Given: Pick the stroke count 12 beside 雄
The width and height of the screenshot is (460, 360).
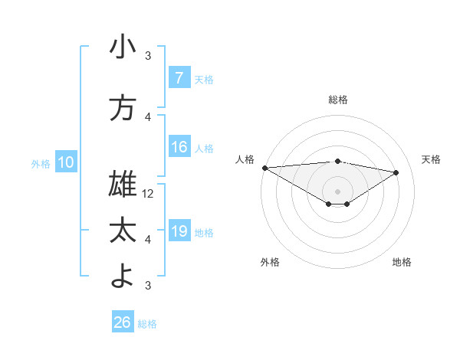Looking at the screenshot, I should (149, 194).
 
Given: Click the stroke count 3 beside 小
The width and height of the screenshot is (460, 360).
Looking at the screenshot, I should (149, 56).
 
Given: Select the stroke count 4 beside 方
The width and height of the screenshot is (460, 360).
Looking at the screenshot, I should (149, 117).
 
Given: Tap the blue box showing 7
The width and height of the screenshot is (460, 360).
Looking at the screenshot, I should (179, 77).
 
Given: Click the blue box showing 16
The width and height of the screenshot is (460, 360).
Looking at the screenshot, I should (179, 147).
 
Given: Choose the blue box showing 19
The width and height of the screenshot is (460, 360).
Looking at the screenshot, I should (179, 231).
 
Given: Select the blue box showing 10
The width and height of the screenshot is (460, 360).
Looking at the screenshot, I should (66, 162).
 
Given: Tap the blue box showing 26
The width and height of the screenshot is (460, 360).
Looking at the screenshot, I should (122, 322).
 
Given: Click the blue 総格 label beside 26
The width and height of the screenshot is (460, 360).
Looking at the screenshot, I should (147, 324).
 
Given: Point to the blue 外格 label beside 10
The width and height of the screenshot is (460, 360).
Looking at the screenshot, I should (41, 163).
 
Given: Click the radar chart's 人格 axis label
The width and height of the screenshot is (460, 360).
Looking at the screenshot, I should (245, 159).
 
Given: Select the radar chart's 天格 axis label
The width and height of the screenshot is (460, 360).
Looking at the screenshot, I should (432, 159).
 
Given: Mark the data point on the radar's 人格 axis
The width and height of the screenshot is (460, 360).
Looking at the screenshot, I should (264, 168).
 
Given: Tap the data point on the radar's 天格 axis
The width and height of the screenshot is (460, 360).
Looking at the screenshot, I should (396, 172).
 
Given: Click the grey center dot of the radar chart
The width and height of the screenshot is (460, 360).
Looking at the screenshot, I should (337, 190).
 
